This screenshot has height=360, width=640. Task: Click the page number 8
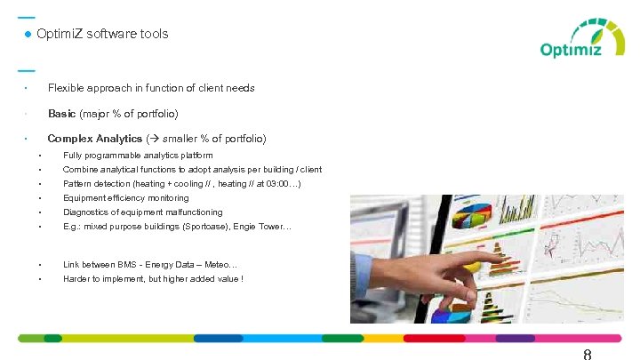click(588, 354)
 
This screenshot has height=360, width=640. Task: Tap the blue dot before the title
click(28, 34)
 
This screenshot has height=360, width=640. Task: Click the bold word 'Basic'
click(61, 114)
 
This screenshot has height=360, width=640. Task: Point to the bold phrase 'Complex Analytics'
click(94, 139)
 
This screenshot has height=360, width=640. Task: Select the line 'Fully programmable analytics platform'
click(138, 156)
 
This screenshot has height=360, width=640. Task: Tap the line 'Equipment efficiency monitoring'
click(125, 198)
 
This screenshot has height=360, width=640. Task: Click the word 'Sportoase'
click(206, 227)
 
